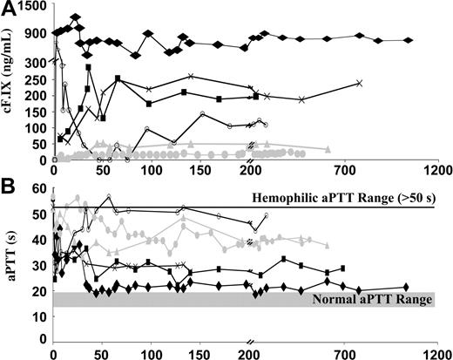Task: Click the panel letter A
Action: (x=8, y=9)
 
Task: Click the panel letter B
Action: (x=7, y=186)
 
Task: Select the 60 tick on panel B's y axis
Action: (x=38, y=189)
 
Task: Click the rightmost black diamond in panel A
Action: (x=410, y=41)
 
